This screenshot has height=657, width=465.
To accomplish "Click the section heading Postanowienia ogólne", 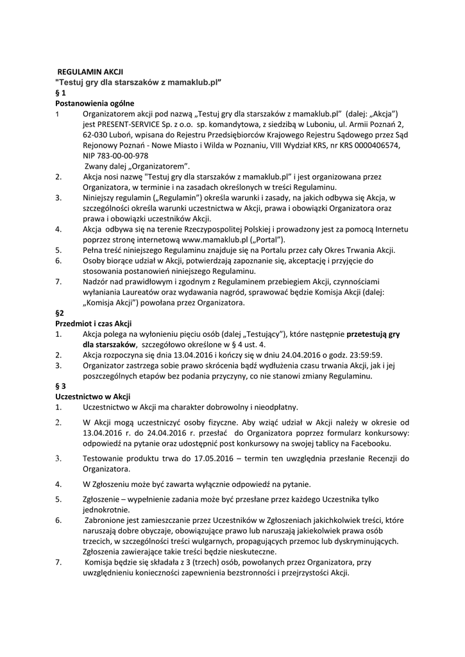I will pyautogui.click(x=95, y=103).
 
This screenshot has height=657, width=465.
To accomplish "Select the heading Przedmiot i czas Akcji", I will pyautogui.click(x=94, y=323).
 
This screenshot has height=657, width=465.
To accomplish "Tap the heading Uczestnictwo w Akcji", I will pyautogui.click(x=92, y=396).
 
